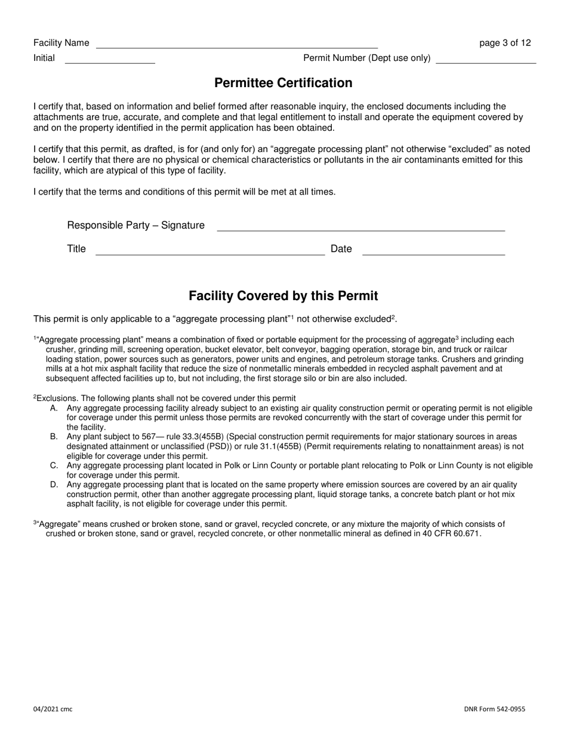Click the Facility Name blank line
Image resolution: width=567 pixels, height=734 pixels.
237,44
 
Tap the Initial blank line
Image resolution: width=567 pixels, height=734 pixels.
110,60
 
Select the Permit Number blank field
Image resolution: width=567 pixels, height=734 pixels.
486,60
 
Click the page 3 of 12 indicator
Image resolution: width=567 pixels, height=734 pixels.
505,43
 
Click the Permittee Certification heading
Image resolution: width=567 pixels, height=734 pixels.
283,83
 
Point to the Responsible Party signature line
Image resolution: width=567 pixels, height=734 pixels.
361,227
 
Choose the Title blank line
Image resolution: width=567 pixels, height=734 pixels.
210,251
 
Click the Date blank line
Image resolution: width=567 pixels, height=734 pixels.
434,251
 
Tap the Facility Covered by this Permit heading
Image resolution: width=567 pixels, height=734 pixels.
283,296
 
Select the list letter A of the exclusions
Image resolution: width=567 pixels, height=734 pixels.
54,409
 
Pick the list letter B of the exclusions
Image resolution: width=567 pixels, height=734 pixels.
54,437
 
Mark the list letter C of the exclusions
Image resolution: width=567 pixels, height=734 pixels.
54,466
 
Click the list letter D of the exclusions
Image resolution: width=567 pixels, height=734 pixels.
54,485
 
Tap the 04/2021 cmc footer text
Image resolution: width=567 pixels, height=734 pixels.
53,709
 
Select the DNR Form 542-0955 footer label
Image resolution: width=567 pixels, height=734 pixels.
494,709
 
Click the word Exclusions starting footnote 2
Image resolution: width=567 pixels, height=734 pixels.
57,399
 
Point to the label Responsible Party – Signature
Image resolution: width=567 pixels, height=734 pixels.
135,226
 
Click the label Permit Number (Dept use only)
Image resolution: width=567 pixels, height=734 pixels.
367,58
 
